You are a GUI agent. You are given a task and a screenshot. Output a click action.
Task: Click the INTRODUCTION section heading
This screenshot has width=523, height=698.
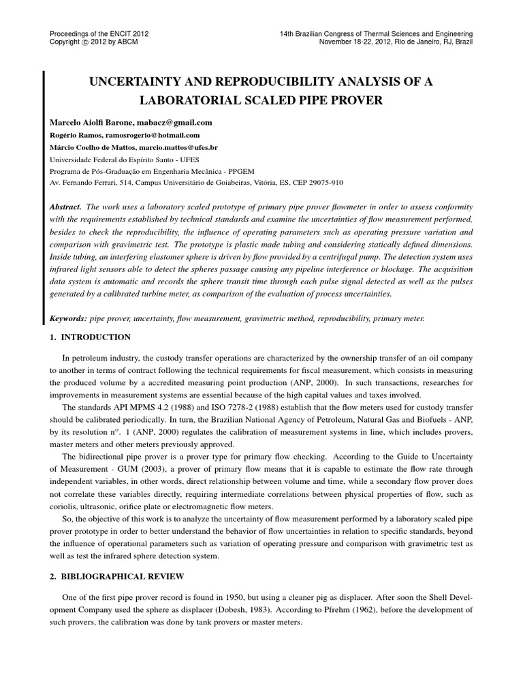(x=96, y=337)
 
